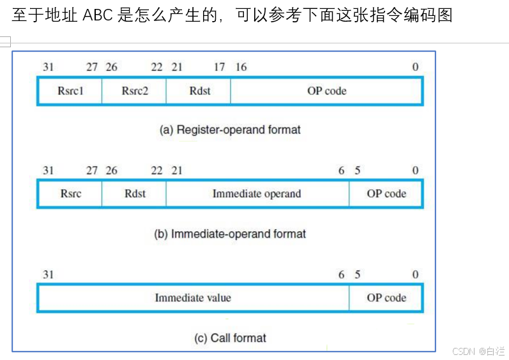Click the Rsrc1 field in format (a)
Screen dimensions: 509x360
70,91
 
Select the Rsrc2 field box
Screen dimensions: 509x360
134,91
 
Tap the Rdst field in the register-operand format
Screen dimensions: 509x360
199,91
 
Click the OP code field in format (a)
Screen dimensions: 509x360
326,91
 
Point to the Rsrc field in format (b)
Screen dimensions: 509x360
70,193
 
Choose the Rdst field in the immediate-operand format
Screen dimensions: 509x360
134,193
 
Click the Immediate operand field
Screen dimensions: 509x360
257,193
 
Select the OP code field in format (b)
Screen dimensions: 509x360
386,193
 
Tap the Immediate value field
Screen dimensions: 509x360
193,297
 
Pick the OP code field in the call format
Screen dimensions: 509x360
386,297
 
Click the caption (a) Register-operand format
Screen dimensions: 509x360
230,130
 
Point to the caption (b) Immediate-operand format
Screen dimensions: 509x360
230,234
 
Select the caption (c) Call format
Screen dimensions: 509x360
230,338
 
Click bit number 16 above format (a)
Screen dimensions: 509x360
241,67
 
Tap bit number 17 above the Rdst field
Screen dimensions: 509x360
219,67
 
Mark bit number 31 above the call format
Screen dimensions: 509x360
48,274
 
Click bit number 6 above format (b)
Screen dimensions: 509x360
342,170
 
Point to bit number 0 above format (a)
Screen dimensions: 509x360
415,67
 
